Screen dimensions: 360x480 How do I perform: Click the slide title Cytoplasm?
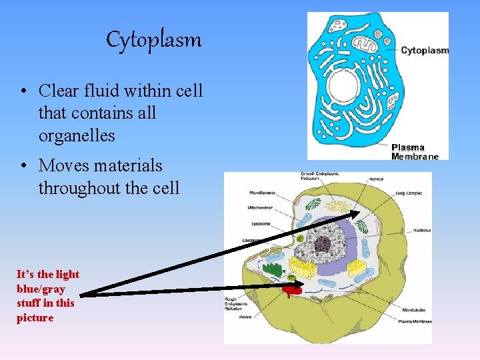[154, 41]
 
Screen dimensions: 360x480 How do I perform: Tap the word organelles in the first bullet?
[77, 135]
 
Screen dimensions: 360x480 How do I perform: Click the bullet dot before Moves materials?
[23, 165]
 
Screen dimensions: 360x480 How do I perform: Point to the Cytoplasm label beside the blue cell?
[425, 50]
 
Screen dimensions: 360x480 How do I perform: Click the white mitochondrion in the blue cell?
[364, 44]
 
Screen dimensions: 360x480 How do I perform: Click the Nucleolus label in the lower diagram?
[421, 230]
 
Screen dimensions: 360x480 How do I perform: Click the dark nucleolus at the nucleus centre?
[325, 244]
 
